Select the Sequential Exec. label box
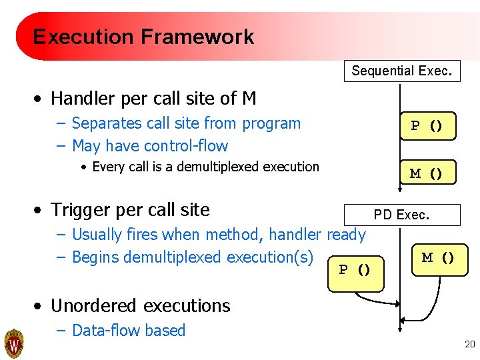point(402,70)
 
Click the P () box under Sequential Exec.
point(428,126)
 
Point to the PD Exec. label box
point(401,215)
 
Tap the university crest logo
point(14,343)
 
